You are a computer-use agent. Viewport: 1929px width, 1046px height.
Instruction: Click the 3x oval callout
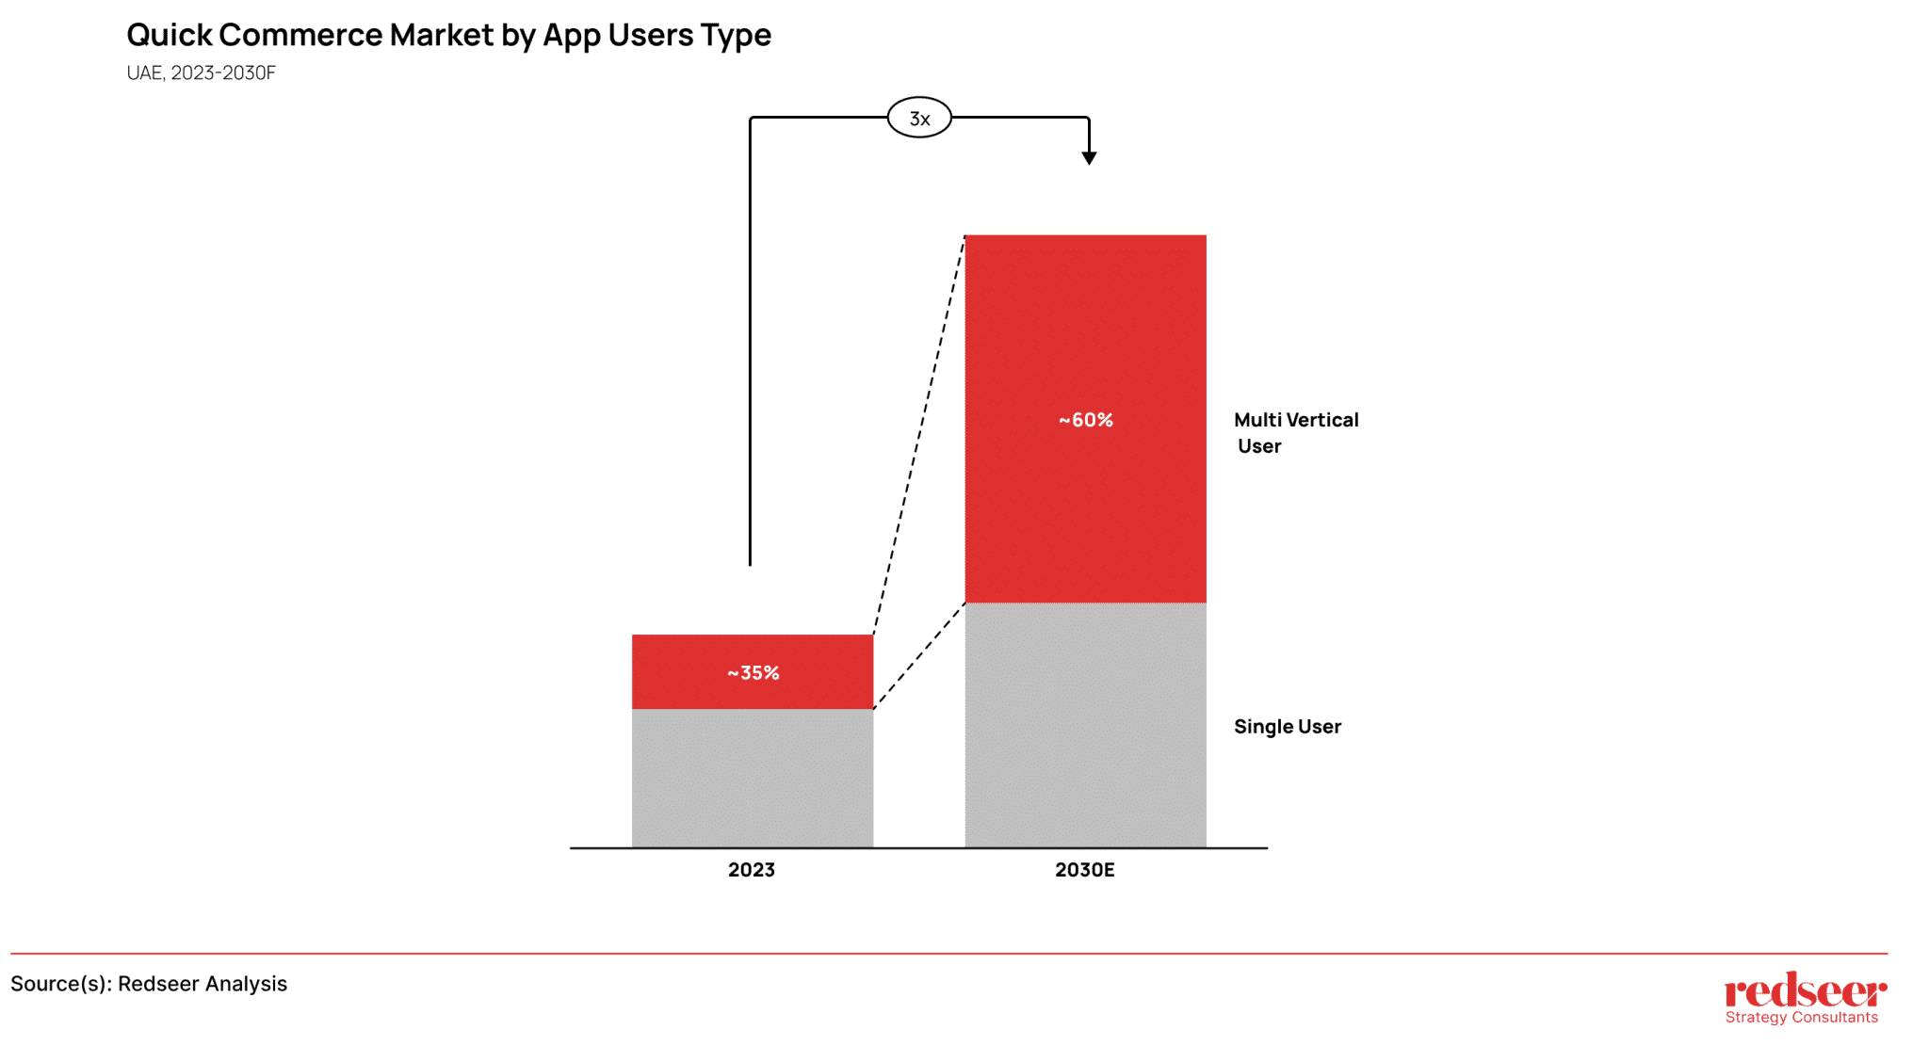coord(919,119)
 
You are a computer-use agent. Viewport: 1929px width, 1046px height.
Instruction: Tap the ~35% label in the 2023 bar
coord(753,673)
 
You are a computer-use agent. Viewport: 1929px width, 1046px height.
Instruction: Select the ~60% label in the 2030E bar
coord(1085,420)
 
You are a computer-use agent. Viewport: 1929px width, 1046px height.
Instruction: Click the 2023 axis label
coord(752,870)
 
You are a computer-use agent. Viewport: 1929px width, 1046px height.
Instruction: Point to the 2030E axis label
coord(1084,870)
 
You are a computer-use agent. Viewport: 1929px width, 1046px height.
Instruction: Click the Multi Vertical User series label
coord(1295,433)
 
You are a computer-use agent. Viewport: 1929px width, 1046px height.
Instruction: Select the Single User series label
coord(1287,727)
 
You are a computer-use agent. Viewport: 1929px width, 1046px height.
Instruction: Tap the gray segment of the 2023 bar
coord(753,778)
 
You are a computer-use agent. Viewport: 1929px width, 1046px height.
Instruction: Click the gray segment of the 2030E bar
coord(1085,725)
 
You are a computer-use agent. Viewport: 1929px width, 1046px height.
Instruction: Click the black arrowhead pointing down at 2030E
coord(1089,158)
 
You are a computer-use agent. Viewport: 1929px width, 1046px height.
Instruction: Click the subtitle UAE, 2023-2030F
coord(201,73)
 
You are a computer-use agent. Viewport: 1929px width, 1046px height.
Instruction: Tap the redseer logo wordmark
coord(1805,991)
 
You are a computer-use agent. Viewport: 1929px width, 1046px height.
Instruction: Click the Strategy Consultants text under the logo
coord(1801,1018)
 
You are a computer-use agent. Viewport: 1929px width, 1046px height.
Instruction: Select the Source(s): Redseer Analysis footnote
coord(149,984)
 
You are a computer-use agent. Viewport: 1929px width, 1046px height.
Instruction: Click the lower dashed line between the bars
coord(919,656)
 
